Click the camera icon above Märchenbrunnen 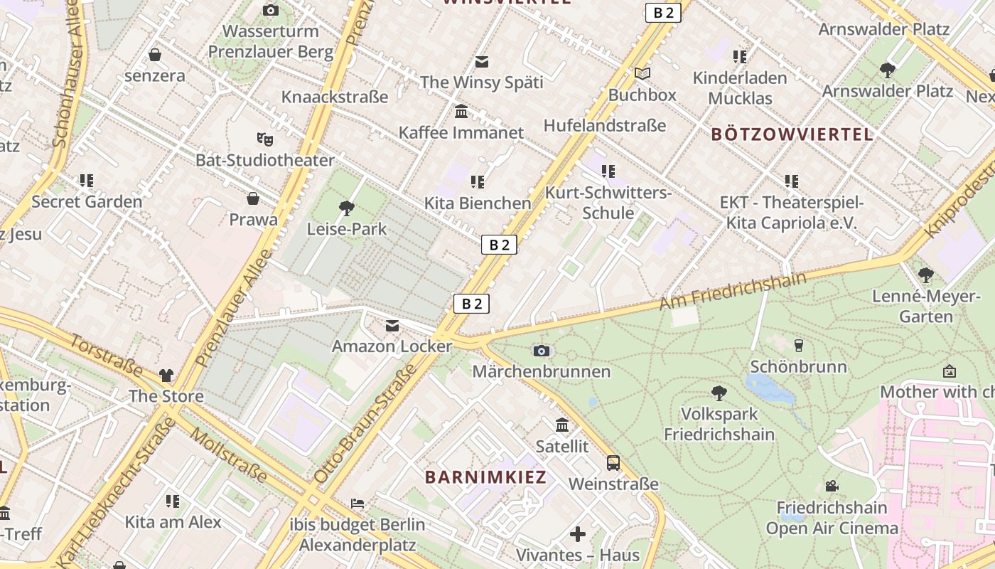tap(542, 351)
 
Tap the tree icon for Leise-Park tap(347, 208)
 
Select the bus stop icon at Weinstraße tap(613, 463)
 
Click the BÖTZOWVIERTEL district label tap(792, 134)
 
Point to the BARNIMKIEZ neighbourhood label tap(486, 477)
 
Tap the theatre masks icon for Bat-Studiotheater tap(265, 139)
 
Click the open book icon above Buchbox tap(642, 73)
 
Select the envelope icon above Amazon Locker tap(392, 326)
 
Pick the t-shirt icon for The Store tap(166, 375)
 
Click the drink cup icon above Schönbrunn tap(799, 346)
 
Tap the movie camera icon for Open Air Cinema tap(832, 486)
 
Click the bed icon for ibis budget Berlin tap(357, 504)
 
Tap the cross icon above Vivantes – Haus tap(578, 533)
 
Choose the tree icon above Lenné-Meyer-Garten tap(925, 275)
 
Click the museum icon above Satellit tap(562, 425)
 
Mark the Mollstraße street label tap(230, 456)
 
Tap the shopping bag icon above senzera tap(155, 55)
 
